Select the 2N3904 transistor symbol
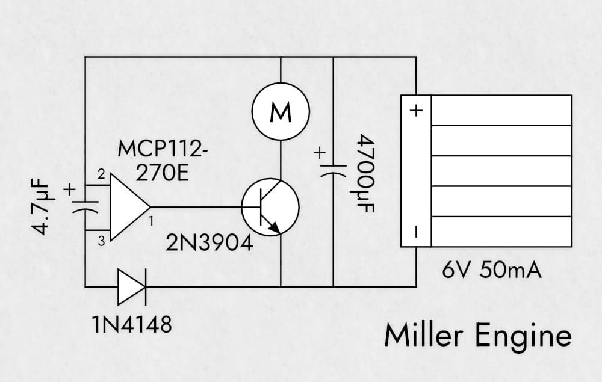[270, 206]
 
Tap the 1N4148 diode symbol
[131, 286]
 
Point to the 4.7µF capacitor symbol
[85, 206]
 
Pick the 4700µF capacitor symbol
[333, 169]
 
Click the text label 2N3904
[209, 244]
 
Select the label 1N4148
[132, 325]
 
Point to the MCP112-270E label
[163, 161]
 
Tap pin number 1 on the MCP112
[150, 221]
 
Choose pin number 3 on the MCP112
[101, 241]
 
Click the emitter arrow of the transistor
[274, 227]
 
